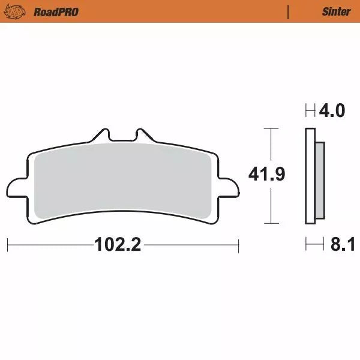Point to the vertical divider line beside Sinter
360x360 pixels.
(289, 11)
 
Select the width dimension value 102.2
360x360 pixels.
(118, 245)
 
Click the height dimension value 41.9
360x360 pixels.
(266, 175)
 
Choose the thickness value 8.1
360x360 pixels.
(342, 245)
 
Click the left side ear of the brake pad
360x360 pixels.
(17, 187)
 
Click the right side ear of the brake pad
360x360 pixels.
(229, 187)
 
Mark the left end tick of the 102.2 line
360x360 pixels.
(7, 245)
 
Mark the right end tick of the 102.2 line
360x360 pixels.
(239, 245)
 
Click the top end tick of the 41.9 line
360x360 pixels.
(272, 128)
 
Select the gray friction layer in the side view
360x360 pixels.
(320, 180)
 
